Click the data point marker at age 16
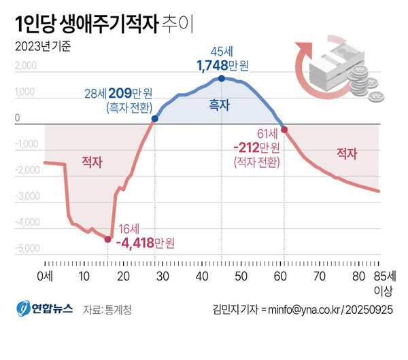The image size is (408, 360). tap(107, 238)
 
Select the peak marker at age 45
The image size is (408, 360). tap(222, 79)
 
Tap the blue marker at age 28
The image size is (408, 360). tap(155, 119)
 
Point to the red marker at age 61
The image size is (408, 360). tap(284, 129)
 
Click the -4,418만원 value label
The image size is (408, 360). tap(146, 242)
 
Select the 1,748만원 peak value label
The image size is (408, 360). tap(221, 65)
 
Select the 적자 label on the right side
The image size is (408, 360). tap(346, 153)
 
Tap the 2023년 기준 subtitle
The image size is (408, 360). tap(41, 48)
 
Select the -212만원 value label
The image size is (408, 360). tap(256, 147)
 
